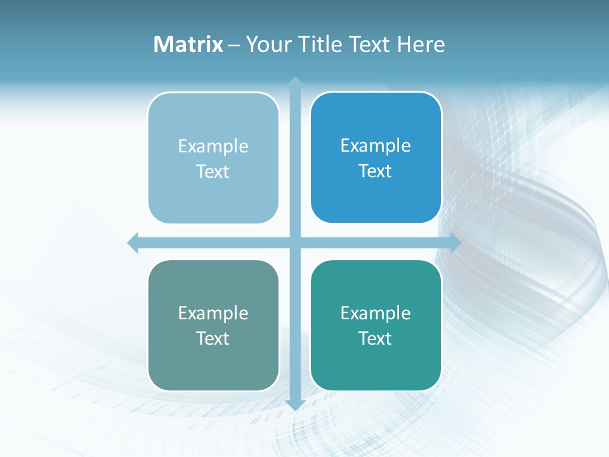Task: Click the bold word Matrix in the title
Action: point(188,44)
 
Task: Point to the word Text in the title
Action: point(370,44)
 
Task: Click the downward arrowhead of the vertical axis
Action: point(294,405)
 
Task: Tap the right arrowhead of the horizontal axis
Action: point(455,242)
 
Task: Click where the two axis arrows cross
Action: point(294,242)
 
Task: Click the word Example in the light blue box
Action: point(213,147)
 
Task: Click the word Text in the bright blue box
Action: point(376,171)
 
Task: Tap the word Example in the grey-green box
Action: point(213,314)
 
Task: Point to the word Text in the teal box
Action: point(376,339)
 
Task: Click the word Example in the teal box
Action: point(376,314)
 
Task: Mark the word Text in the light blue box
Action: point(213,172)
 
